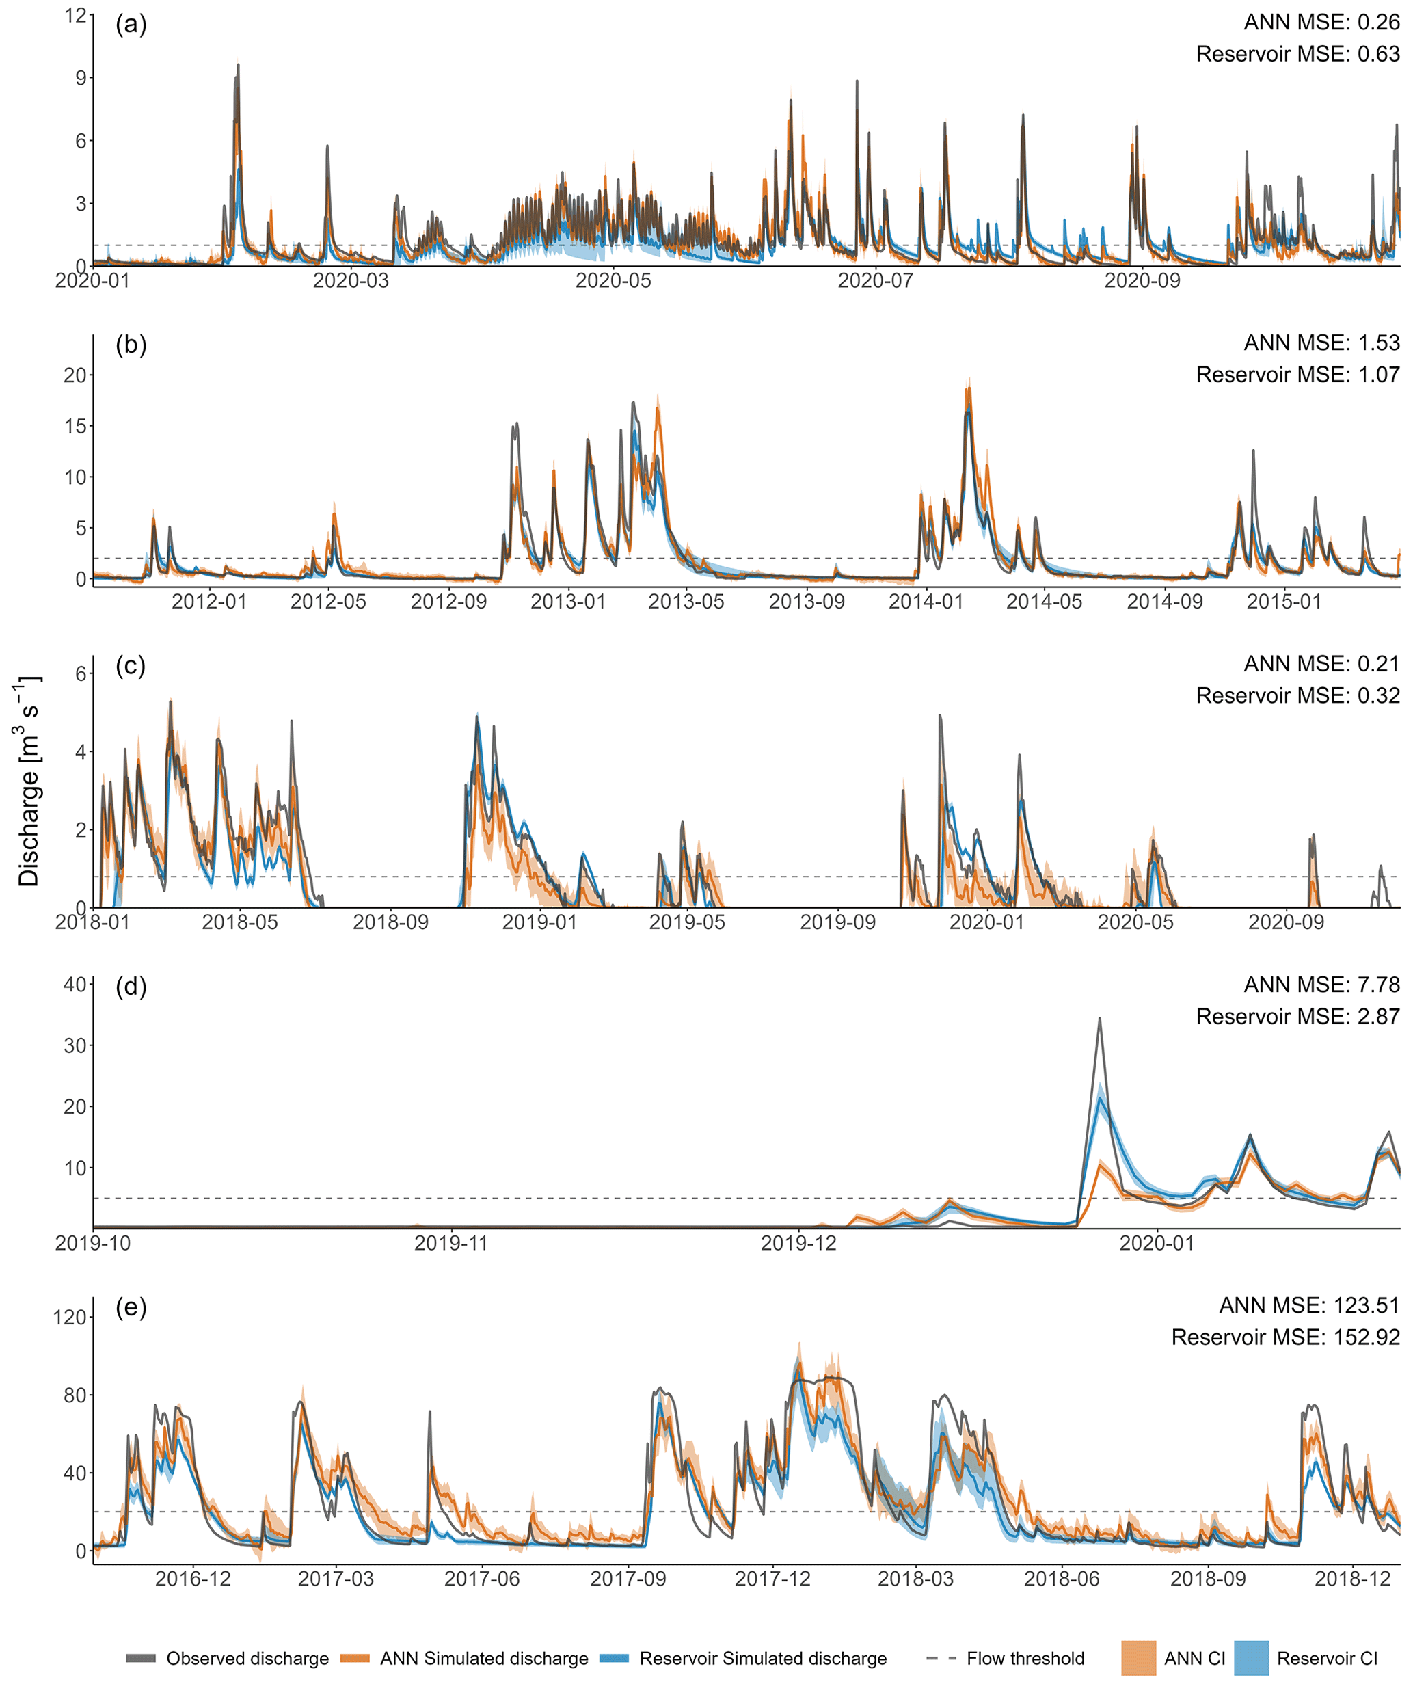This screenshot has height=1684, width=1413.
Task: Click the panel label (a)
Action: pos(131,25)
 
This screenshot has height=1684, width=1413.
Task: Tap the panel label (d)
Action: pos(131,987)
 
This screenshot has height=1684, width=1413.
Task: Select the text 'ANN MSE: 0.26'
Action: pos(1321,23)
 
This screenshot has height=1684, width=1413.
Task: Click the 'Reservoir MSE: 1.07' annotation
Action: pos(1297,375)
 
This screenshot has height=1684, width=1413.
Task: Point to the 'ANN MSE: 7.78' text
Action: pos(1321,985)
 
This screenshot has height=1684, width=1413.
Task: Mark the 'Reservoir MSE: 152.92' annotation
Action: pos(1284,1337)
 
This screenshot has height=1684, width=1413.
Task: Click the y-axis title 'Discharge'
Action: pos(29,827)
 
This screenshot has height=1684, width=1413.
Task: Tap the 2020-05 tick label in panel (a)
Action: pos(613,280)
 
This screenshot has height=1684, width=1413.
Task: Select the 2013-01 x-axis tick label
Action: pos(568,602)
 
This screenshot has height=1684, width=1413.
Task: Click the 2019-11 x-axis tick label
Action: pos(450,1243)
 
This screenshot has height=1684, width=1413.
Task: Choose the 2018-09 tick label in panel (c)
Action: pos(390,922)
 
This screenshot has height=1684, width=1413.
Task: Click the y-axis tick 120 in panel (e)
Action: pos(70,1317)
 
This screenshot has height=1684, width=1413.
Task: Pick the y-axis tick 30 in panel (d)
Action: pos(75,1045)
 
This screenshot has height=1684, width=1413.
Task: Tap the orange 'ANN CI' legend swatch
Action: pos(1138,1658)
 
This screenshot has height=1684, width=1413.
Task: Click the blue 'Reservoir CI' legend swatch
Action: pos(1251,1658)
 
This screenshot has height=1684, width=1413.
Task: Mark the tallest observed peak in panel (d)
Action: pos(1099,1019)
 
